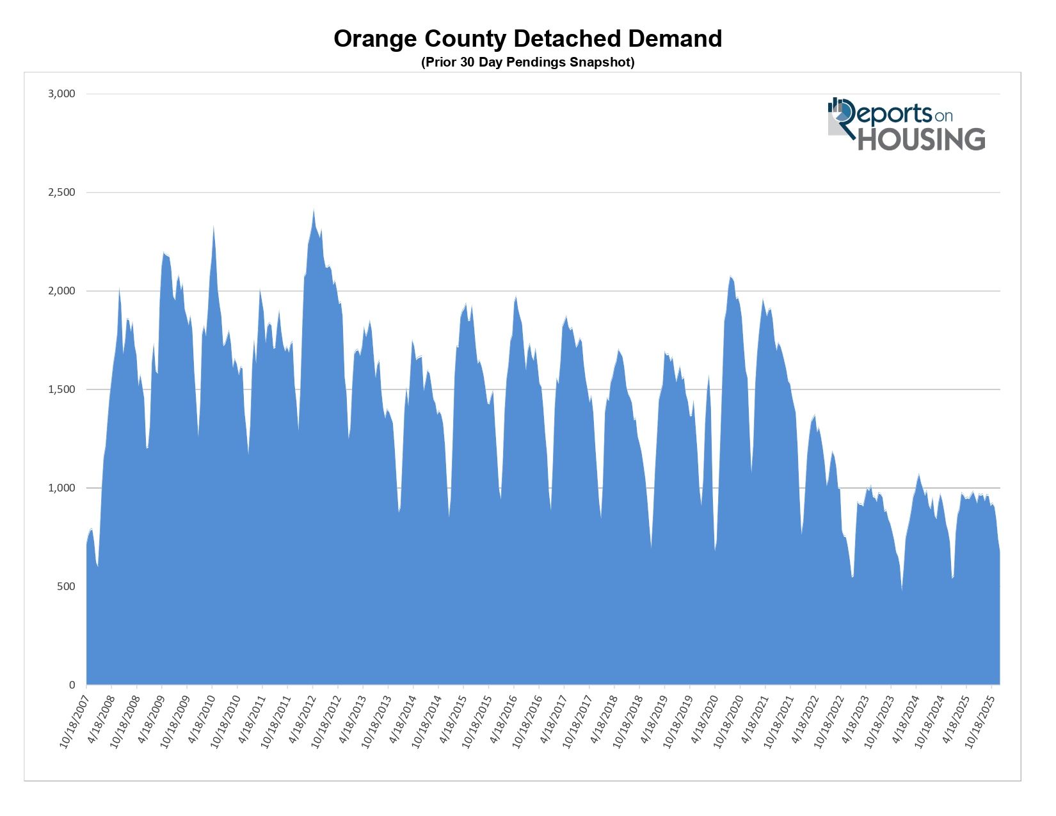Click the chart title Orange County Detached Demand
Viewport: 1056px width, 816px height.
tap(527, 39)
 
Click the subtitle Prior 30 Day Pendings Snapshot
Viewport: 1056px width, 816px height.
tap(527, 62)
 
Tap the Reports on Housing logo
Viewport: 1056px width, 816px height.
tap(906, 124)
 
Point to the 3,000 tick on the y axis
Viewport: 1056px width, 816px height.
tap(62, 94)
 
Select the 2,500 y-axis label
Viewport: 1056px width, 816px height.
tap(62, 193)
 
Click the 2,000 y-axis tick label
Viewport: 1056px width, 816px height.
tap(62, 291)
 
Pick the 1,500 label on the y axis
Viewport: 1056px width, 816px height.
tap(62, 390)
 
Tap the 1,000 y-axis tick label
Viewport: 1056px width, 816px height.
tap(62, 488)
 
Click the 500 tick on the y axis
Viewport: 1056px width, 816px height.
tap(67, 587)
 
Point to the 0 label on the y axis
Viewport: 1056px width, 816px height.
tap(72, 685)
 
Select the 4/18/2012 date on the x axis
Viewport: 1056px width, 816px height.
tap(300, 718)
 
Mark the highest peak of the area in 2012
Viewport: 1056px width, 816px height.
tap(314, 209)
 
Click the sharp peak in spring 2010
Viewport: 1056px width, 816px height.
tap(213, 225)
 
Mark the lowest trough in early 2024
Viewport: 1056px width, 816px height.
tap(902, 590)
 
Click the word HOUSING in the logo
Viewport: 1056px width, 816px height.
tap(921, 140)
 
